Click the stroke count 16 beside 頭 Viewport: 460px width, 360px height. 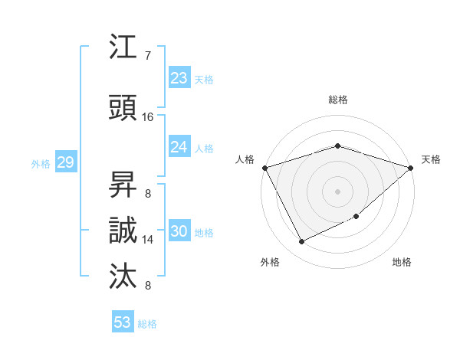click(148, 117)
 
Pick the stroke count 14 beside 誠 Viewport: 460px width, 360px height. click(148, 240)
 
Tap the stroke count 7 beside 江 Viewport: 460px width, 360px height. click(148, 56)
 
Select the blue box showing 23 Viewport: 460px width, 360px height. click(179, 78)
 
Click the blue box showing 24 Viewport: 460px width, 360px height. click(179, 147)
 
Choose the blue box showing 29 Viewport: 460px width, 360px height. click(65, 162)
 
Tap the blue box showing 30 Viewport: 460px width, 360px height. click(179, 232)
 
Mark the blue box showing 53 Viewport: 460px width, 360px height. click(123, 322)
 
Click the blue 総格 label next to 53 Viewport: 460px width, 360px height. click(147, 324)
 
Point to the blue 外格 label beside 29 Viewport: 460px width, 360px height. click(41, 163)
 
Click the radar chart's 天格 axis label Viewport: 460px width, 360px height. click(432, 159)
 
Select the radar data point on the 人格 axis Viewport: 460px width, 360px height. click(264, 168)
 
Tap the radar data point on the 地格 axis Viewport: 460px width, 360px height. click(356, 217)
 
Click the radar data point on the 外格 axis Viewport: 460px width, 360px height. click(301, 242)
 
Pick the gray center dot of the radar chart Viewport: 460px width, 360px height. click(337, 191)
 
